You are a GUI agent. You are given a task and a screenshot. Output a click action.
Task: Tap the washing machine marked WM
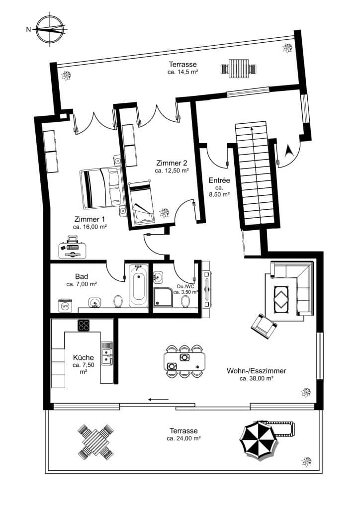(x=65, y=305)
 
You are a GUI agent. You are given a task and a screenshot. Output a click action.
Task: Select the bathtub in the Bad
(x=138, y=286)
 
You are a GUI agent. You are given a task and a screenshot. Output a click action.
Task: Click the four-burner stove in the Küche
(x=84, y=326)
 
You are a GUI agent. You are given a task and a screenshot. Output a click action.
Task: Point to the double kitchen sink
(x=107, y=353)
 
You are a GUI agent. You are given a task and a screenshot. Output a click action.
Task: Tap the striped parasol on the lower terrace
(x=258, y=439)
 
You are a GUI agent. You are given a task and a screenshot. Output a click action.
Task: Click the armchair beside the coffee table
(x=264, y=326)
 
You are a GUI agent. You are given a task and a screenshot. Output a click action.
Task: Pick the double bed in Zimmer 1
(x=101, y=188)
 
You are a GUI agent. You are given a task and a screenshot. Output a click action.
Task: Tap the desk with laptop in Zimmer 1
(x=73, y=249)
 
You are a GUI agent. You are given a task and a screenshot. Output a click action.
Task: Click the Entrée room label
(x=219, y=180)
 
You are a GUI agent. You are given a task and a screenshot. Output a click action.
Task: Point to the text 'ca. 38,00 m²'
(x=257, y=378)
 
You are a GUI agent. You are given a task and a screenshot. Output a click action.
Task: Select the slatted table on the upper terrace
(x=238, y=67)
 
